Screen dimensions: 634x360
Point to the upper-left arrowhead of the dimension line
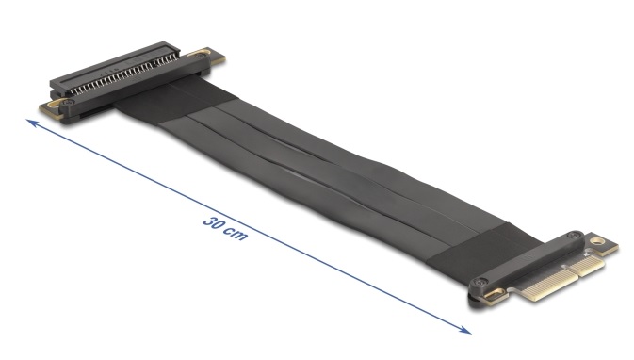tap(31, 123)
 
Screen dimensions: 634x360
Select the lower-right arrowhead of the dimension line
tap(465, 330)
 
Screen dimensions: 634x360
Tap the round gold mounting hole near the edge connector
tap(595, 241)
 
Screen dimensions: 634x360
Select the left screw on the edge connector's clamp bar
tap(480, 282)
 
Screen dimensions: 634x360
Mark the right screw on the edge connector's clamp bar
tap(574, 236)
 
